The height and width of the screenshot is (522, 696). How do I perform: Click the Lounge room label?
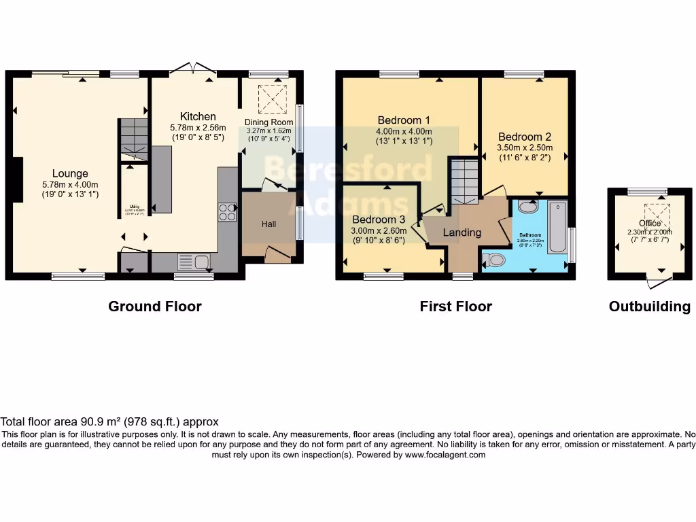pyautogui.click(x=71, y=174)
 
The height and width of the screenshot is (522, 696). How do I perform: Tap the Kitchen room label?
pyautogui.click(x=198, y=117)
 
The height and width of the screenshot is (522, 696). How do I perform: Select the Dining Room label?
pyautogui.click(x=268, y=122)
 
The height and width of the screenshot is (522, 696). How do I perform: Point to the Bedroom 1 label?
pyautogui.click(x=404, y=120)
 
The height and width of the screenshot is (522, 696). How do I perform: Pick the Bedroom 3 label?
pyautogui.click(x=379, y=220)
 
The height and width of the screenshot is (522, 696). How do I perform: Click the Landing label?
pyautogui.click(x=462, y=232)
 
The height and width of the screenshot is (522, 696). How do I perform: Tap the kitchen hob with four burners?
pyautogui.click(x=227, y=212)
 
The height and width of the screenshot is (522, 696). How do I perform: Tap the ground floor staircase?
pyautogui.click(x=134, y=139)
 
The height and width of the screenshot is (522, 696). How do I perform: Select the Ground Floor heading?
pyautogui.click(x=155, y=307)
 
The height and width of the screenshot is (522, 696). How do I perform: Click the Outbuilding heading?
pyautogui.click(x=649, y=307)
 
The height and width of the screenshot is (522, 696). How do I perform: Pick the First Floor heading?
pyautogui.click(x=455, y=307)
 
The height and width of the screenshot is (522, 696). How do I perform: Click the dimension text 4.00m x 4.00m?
pyautogui.click(x=404, y=131)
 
